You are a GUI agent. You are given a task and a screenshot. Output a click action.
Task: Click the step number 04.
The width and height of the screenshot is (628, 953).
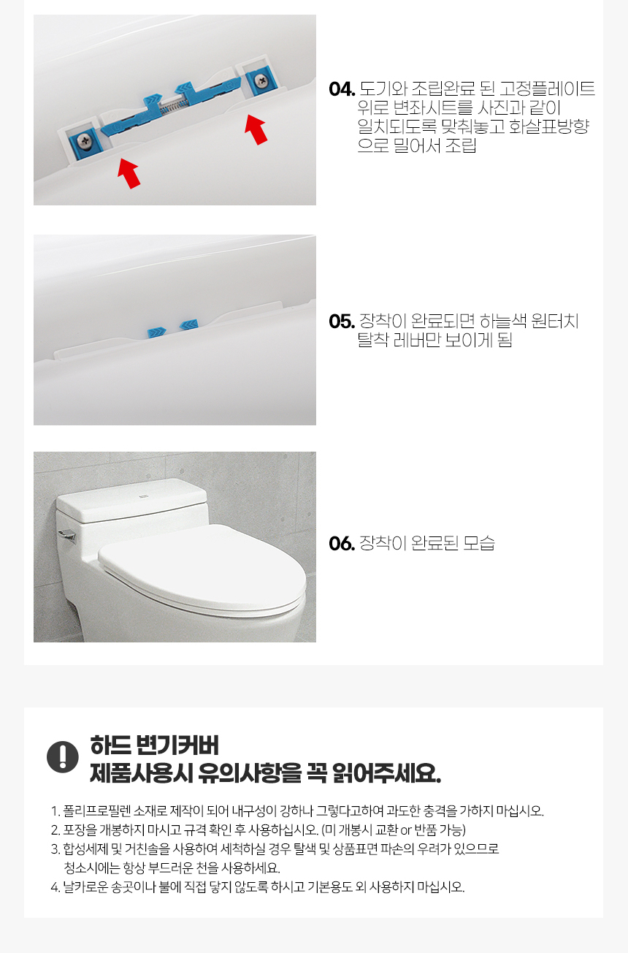pyautogui.click(x=342, y=89)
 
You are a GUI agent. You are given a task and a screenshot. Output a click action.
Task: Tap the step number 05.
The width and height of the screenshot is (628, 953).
pyautogui.click(x=342, y=322)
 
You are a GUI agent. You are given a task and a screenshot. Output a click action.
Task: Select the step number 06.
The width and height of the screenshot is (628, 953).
pyautogui.click(x=342, y=543)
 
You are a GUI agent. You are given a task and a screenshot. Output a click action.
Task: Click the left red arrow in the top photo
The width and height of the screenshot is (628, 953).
pyautogui.click(x=129, y=173)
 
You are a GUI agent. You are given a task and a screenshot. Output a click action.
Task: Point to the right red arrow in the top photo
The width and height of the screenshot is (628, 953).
pyautogui.click(x=256, y=129)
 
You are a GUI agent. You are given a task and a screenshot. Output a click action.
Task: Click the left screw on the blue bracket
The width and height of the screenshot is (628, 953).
pyautogui.click(x=83, y=140)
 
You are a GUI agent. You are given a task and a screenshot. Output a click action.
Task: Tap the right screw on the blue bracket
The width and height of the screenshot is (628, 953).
pyautogui.click(x=259, y=79)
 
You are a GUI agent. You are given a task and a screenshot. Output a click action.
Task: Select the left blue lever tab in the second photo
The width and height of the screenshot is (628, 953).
pyautogui.click(x=156, y=333)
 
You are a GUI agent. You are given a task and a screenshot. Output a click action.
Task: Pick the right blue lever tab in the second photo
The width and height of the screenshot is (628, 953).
pyautogui.click(x=189, y=325)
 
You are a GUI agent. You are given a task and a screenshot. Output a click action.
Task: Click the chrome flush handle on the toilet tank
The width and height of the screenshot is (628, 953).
pyautogui.click(x=67, y=536)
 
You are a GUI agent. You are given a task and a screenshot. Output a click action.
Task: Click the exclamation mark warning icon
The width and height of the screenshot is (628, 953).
pyautogui.click(x=63, y=757)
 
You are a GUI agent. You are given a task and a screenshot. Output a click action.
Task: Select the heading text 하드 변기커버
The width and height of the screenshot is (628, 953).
pyautogui.click(x=154, y=745)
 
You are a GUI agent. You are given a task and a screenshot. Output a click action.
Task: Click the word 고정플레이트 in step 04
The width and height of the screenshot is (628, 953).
pyautogui.click(x=547, y=89)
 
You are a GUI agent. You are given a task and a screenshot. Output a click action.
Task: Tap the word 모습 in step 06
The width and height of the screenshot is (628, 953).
pyautogui.click(x=479, y=543)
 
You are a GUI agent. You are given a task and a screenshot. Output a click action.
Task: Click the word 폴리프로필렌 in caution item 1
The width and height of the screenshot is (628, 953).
pyautogui.click(x=96, y=811)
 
